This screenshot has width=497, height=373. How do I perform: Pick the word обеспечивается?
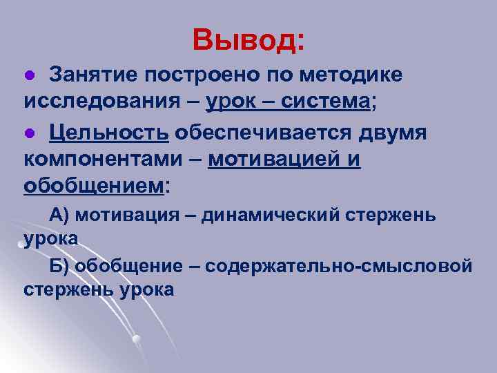pos(260,132)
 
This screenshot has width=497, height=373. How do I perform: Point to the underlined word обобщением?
pos(94,186)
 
